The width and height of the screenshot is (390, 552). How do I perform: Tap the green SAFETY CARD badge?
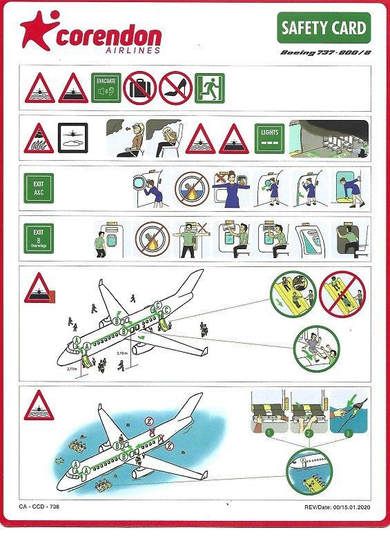point(324,29)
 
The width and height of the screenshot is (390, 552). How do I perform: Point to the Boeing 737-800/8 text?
point(324,52)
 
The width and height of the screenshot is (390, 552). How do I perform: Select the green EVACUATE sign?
point(107,88)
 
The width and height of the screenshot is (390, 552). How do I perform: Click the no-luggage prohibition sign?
point(138,88)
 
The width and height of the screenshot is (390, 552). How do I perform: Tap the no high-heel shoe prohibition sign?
point(175,88)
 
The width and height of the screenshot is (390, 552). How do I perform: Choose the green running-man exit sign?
point(210,88)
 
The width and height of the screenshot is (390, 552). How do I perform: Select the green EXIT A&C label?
point(38,189)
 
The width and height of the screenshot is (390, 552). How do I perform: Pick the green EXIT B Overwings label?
point(38,237)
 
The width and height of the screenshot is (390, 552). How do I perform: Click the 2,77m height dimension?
point(72,369)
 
